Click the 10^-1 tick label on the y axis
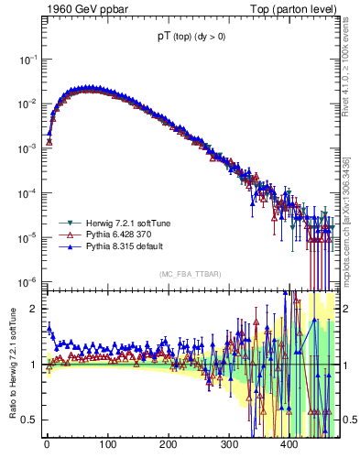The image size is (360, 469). coord(27,59)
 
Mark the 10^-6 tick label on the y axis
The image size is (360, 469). coord(27,281)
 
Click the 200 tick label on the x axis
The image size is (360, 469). coord(169,446)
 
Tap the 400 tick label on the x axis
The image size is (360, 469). coord(289,446)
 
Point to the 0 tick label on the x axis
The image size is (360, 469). coord(47,446)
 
